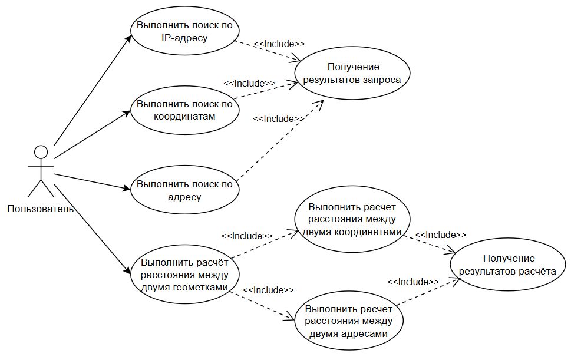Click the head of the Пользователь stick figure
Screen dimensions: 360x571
(40, 153)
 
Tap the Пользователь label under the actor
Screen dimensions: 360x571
(40, 209)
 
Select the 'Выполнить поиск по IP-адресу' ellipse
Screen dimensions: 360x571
(184, 32)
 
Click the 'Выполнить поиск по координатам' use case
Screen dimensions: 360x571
(184, 110)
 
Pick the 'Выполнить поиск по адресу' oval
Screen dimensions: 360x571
(184, 190)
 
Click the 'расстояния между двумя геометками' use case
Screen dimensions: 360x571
(184, 275)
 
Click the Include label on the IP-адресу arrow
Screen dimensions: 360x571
(279, 44)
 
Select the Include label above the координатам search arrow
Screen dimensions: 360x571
(249, 83)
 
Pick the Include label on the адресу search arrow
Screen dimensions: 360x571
(278, 118)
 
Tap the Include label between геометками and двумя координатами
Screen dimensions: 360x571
(247, 236)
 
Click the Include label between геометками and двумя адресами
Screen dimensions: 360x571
(268, 290)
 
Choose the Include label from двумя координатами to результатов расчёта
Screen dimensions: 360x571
(440, 235)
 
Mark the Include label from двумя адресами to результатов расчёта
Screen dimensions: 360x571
(413, 282)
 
